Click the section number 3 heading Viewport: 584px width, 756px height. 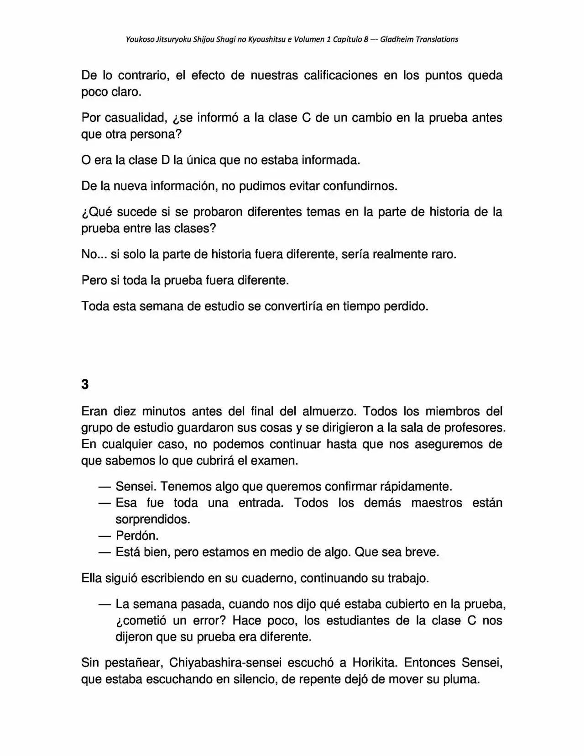[x=85, y=384]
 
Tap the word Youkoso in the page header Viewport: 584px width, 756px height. [x=140, y=39]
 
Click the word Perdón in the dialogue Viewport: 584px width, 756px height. [x=137, y=535]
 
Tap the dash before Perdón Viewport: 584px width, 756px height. [x=104, y=535]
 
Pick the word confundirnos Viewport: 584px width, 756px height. [x=360, y=186]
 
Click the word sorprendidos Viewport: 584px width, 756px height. [x=152, y=519]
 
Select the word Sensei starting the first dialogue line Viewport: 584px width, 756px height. [x=136, y=486]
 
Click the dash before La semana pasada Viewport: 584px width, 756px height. [x=104, y=604]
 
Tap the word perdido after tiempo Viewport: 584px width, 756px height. [x=405, y=306]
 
